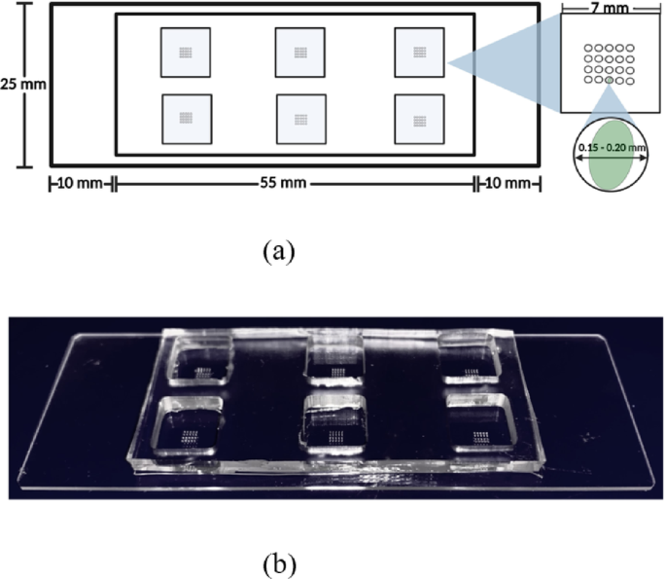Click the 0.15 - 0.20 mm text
pyautogui.click(x=612, y=147)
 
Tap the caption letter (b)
pyautogui.click(x=277, y=563)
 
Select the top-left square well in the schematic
pyautogui.click(x=185, y=53)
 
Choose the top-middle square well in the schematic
pyautogui.click(x=300, y=53)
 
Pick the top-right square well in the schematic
pyautogui.click(x=418, y=53)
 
